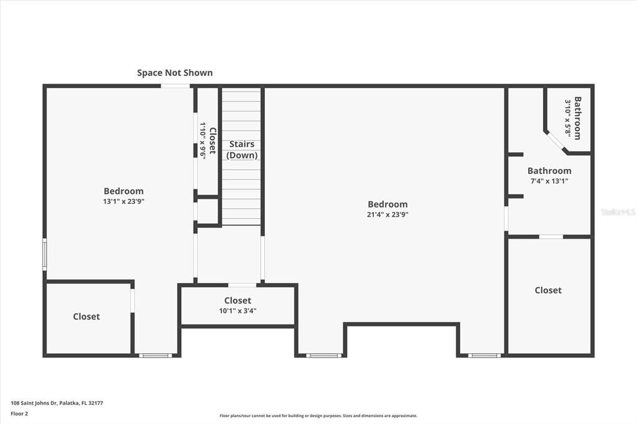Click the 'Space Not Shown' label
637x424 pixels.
[x=175, y=73]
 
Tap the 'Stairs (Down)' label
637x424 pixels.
[x=242, y=149]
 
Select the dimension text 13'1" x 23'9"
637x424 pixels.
[x=124, y=201]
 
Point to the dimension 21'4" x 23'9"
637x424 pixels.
[x=388, y=214]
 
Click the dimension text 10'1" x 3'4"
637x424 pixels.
[x=238, y=311]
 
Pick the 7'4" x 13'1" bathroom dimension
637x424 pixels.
[x=549, y=181]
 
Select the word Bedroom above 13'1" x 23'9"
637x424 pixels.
[x=124, y=191]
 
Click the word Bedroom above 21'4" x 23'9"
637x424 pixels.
[x=388, y=205]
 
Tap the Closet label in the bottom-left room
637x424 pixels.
[x=86, y=316]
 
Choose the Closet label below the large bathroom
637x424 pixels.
[x=548, y=290]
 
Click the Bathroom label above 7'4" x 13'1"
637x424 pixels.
[x=549, y=170]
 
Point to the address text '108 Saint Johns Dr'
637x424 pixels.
[x=34, y=403]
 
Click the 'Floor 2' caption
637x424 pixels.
[x=19, y=414]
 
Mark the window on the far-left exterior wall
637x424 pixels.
[x=45, y=254]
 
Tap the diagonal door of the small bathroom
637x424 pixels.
[x=556, y=142]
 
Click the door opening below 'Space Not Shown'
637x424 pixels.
[x=175, y=86]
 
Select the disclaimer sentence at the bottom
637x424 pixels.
[x=318, y=415]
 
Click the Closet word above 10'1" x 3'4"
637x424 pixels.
[x=238, y=300]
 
